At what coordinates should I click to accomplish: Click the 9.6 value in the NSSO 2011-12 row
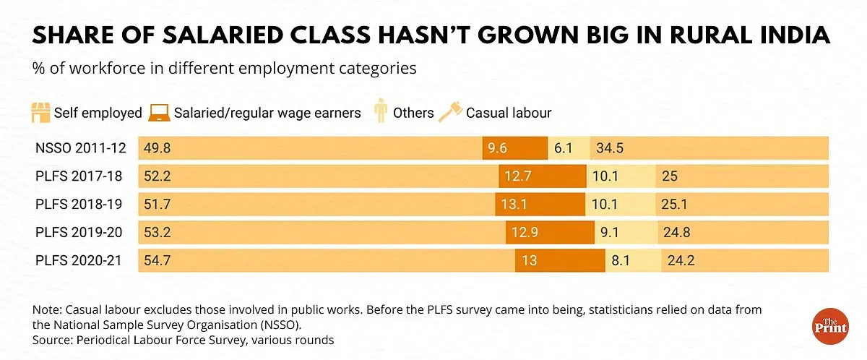[497, 148]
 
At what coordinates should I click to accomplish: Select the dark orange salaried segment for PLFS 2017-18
[542, 176]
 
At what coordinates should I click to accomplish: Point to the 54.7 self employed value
[158, 260]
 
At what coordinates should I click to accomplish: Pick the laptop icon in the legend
[160, 113]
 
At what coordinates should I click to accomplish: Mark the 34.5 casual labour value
[610, 148]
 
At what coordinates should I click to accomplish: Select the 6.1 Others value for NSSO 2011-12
[564, 148]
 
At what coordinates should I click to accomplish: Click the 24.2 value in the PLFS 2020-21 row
[681, 260]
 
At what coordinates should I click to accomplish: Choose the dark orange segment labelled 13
[560, 260]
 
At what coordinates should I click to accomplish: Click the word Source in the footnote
[51, 338]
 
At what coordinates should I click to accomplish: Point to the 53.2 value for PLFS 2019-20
[158, 232]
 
